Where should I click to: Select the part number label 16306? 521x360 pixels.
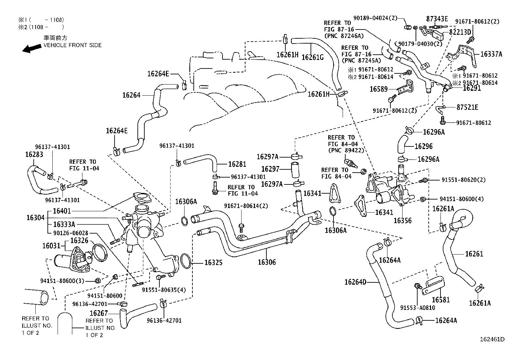[x=267, y=262]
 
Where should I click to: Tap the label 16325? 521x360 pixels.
[x=214, y=262]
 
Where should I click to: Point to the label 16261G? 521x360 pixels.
[x=312, y=57]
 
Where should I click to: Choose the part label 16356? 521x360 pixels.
[x=403, y=220]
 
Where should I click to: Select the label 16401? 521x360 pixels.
[x=62, y=211]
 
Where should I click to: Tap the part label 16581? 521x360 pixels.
[x=441, y=300]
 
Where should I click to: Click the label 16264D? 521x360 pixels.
[x=355, y=282]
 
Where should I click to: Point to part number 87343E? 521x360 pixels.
[x=437, y=19]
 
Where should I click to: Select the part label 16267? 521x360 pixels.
[x=99, y=313]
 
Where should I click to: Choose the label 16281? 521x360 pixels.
[x=237, y=164]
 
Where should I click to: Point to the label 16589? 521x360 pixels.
[x=379, y=89]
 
